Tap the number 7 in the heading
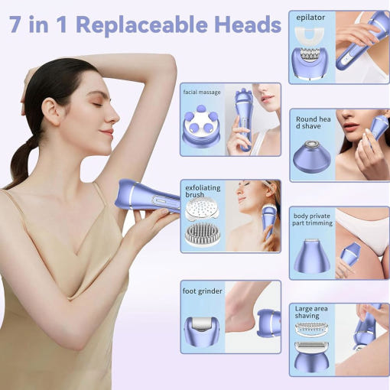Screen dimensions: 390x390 coord(15,24)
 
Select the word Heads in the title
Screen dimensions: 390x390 coord(248,24)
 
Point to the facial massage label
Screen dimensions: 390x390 coord(202,92)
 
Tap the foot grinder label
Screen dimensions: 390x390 coord(202,291)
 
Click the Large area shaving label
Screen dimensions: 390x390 coord(311,312)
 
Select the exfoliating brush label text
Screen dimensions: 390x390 coord(203,191)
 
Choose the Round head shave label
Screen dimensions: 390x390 coord(314,122)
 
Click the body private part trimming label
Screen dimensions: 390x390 coord(312,219)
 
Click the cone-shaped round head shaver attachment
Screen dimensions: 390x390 coord(312,156)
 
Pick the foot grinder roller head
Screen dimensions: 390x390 coord(202,330)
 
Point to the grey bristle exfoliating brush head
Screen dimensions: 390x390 coord(203,235)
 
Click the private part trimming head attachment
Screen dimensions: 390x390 coord(312,255)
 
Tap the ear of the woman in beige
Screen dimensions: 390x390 coord(50,112)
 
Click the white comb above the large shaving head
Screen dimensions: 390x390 coord(311,330)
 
